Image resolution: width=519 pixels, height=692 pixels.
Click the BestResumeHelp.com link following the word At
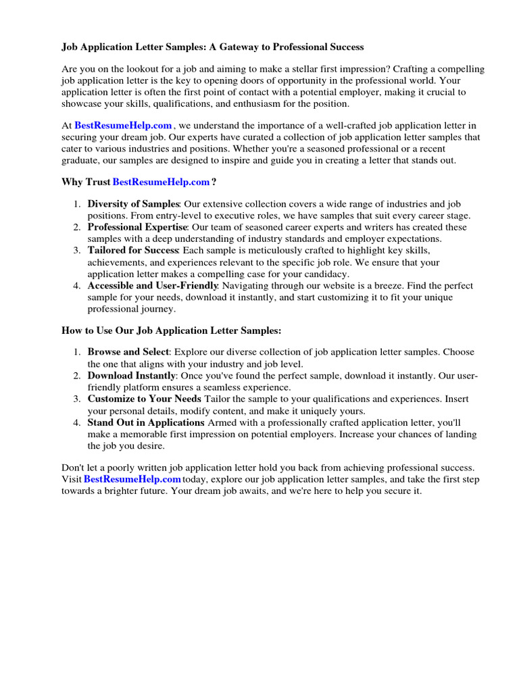click(x=124, y=125)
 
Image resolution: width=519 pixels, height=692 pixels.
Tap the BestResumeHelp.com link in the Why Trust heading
click(x=161, y=182)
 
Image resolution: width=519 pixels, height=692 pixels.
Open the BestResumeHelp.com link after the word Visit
click(x=132, y=479)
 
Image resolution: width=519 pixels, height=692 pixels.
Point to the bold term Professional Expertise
click(x=137, y=227)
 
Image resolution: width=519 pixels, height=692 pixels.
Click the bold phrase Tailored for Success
click(x=132, y=250)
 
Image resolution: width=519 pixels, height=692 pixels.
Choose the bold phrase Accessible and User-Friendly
click(x=153, y=286)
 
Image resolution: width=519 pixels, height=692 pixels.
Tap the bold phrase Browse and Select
click(x=128, y=352)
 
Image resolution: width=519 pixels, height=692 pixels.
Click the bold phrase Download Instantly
click(x=132, y=375)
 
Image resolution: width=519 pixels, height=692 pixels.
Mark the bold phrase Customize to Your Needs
click(x=143, y=399)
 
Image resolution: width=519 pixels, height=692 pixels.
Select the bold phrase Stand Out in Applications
click(x=146, y=422)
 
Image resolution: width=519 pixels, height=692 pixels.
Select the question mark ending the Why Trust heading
click(x=214, y=182)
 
